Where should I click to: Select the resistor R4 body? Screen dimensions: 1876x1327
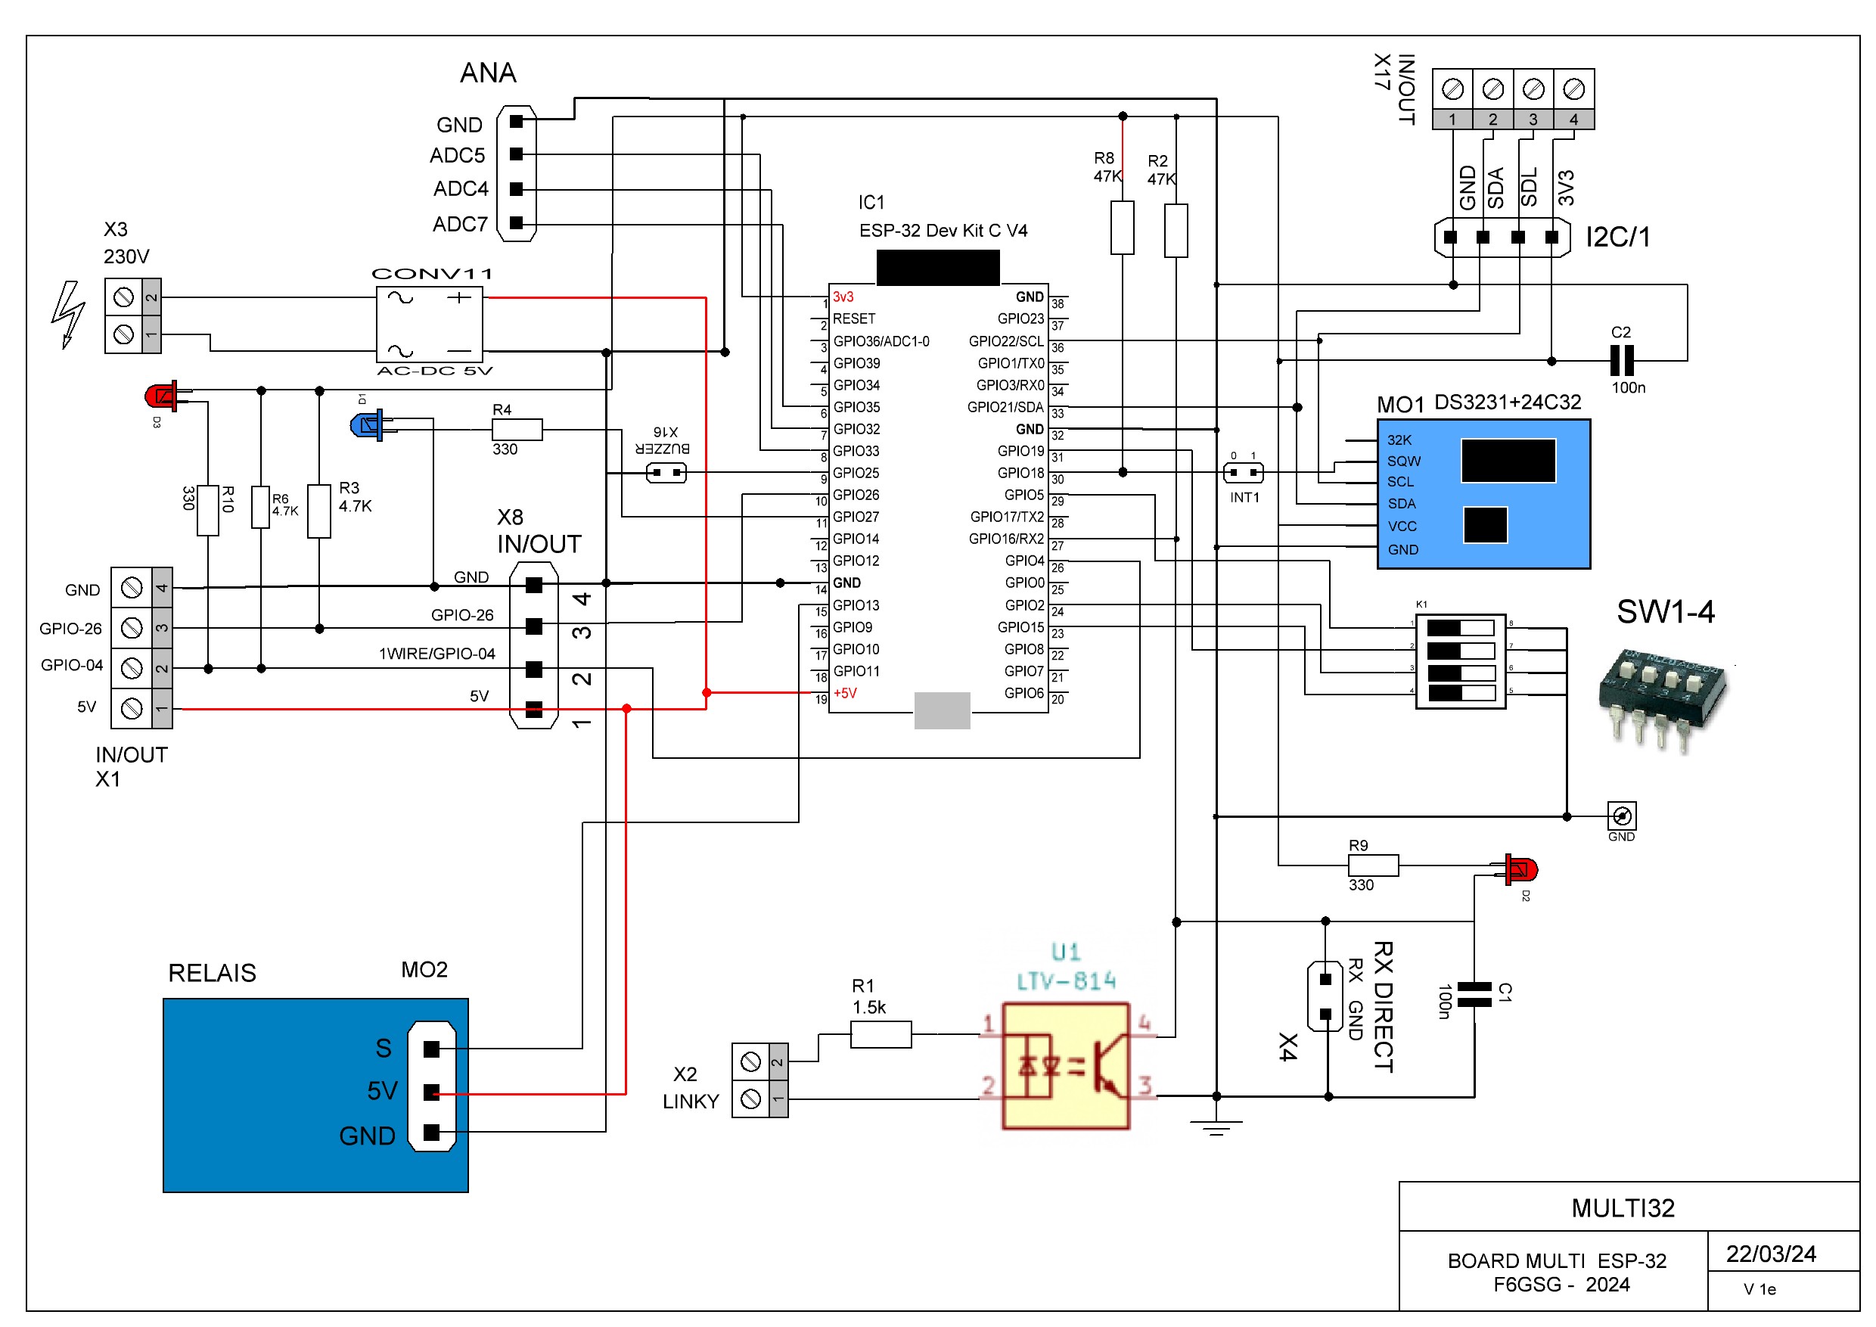click(517, 429)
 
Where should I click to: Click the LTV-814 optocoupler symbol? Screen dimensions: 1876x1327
click(1066, 1066)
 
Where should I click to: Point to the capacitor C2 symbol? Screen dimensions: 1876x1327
click(1621, 360)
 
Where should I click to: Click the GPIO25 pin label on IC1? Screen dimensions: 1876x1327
click(856, 473)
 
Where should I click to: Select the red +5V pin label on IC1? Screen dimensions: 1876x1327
click(845, 694)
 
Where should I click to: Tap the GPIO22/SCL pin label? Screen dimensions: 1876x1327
click(1006, 341)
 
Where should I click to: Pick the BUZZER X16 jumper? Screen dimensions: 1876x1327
click(666, 473)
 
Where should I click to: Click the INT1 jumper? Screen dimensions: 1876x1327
click(1243, 473)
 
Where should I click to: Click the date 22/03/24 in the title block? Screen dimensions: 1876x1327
click(1771, 1254)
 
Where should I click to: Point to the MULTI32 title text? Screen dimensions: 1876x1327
click(1623, 1207)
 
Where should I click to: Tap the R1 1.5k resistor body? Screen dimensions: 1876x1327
click(881, 1034)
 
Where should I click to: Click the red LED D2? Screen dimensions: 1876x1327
click(1520, 869)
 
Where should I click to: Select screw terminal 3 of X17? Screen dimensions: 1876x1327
click(1533, 89)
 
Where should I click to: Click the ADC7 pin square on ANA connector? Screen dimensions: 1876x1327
click(516, 222)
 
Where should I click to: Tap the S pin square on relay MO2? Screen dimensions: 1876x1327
click(431, 1049)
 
